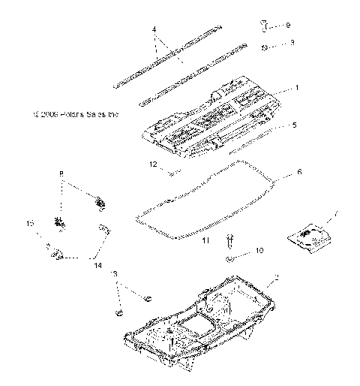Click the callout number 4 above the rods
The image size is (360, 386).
tap(154, 30)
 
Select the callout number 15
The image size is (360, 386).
tap(31, 225)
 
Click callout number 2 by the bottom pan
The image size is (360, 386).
tap(277, 279)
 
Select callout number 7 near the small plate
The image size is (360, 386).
tap(336, 215)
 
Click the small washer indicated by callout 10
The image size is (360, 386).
tap(229, 259)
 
